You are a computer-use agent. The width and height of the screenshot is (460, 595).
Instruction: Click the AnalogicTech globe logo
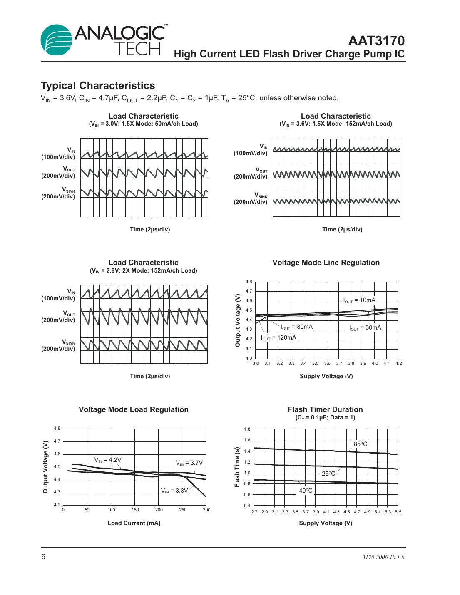point(56,40)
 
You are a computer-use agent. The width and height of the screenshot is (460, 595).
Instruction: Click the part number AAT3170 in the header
point(376,41)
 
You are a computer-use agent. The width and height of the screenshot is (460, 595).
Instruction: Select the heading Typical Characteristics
point(98,86)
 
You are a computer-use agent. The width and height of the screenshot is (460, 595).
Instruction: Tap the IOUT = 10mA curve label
point(359,300)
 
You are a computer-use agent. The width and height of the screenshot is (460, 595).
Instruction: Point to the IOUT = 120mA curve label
point(278,338)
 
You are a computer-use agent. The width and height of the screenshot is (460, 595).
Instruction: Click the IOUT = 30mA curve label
point(365,328)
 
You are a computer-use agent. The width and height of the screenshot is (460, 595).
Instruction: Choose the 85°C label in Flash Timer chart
point(361,444)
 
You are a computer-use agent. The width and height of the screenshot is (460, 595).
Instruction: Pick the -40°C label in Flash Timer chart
point(305,491)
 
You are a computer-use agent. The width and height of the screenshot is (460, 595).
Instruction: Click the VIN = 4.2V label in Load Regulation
point(108,460)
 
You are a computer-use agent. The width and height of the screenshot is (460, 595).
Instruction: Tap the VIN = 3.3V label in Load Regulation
point(174,491)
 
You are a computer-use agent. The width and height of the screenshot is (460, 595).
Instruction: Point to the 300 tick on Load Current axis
point(206,510)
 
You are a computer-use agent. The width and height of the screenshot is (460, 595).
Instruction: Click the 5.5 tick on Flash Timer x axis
point(398,512)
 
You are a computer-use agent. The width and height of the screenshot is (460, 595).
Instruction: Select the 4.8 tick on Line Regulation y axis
point(249,282)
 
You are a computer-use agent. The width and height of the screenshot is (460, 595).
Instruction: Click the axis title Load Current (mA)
point(134,523)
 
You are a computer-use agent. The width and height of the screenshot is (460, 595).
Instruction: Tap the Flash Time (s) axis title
point(237,467)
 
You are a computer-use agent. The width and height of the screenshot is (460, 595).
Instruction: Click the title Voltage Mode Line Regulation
point(326,263)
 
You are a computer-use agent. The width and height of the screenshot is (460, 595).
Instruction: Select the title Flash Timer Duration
point(325,409)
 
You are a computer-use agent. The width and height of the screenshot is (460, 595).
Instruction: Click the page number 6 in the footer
point(43,557)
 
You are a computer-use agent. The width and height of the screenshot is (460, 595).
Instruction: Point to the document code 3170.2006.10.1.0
point(383,558)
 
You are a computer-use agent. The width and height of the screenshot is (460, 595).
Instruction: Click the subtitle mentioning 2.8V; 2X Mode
point(144,271)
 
